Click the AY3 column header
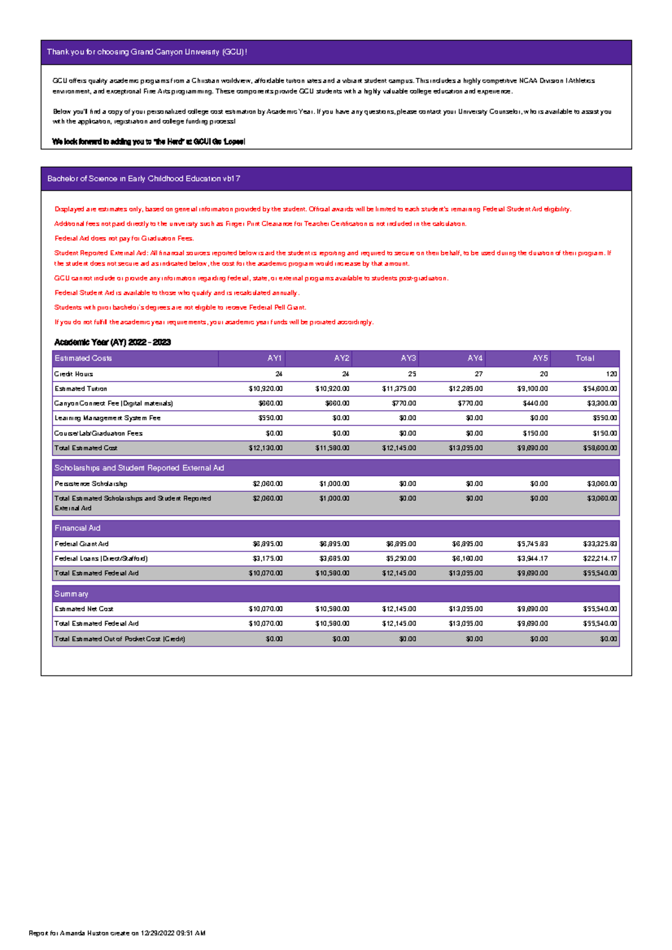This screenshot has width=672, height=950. (408, 358)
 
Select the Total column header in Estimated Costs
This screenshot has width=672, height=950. (585, 358)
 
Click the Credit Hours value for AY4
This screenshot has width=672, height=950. (478, 374)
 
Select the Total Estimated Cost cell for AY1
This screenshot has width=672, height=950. (265, 448)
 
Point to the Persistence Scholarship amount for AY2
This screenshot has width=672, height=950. (334, 483)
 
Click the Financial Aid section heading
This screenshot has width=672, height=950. (77, 528)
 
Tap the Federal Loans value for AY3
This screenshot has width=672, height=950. (401, 558)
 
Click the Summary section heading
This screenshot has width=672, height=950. (71, 594)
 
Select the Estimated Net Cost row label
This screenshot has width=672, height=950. (84, 609)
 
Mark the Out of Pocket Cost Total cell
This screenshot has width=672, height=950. (608, 639)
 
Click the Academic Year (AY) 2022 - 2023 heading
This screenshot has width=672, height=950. (113, 342)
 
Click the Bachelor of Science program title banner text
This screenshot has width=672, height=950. (144, 179)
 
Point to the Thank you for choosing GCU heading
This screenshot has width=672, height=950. (147, 52)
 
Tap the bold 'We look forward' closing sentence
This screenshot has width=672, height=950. (148, 142)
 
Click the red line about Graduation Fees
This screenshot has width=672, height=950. (124, 238)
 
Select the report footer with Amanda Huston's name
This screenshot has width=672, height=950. (117, 933)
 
